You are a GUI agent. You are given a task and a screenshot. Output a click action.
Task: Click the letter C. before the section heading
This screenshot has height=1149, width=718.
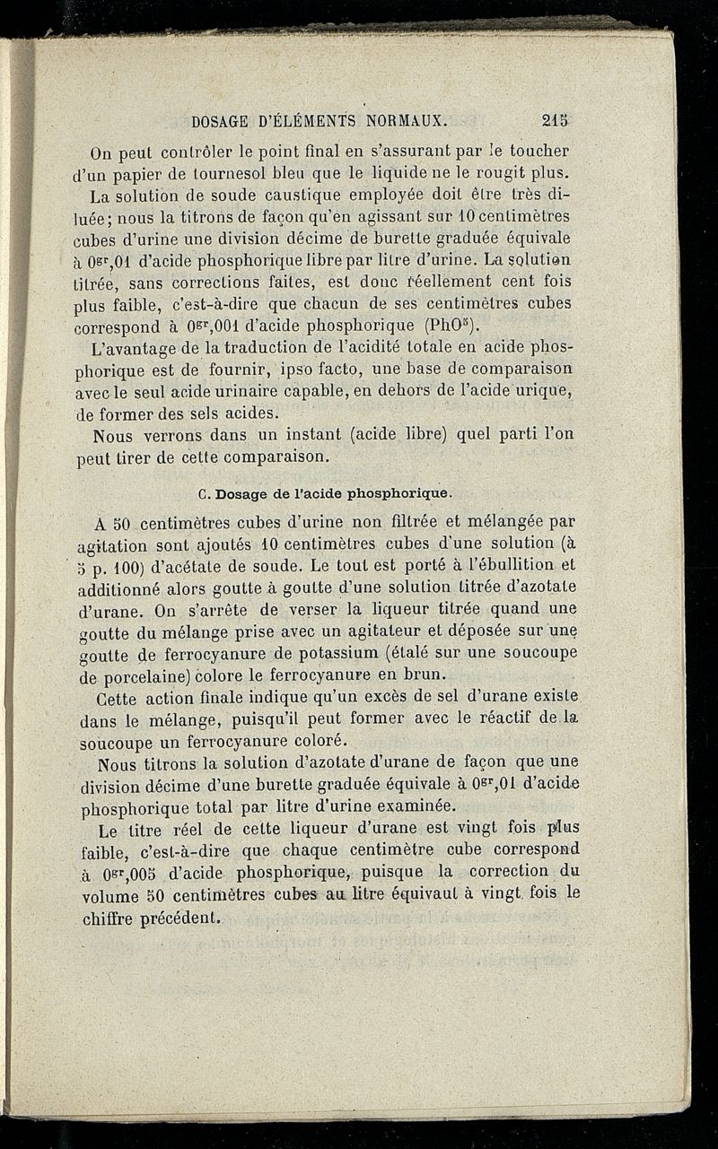click(x=201, y=492)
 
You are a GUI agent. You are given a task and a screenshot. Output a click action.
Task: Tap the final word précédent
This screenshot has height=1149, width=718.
click(x=180, y=917)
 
